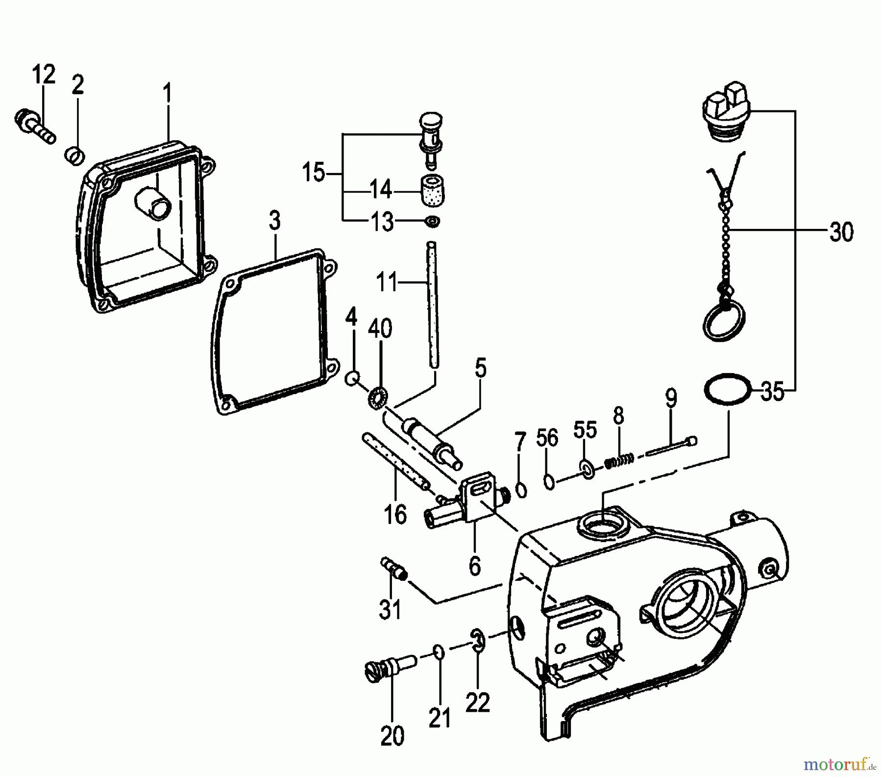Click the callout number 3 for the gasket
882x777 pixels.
(x=274, y=221)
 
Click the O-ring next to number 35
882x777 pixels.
(x=728, y=388)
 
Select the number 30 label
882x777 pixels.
(x=841, y=232)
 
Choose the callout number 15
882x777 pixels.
(x=314, y=173)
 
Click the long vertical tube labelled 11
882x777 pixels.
(x=432, y=304)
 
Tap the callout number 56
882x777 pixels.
(x=547, y=438)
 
